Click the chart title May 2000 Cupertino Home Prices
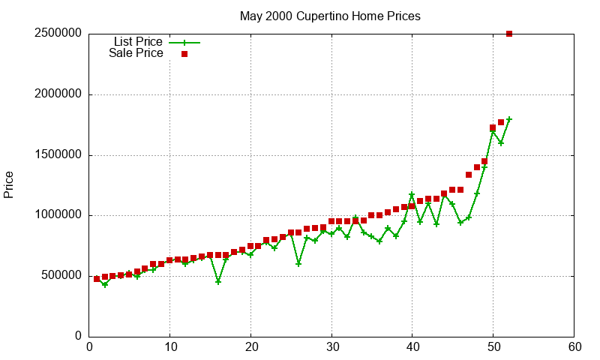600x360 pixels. tap(330, 16)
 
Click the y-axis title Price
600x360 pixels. tap(9, 184)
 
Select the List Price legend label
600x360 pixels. tap(138, 42)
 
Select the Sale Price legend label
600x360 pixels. tap(136, 53)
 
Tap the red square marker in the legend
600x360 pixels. tap(184, 54)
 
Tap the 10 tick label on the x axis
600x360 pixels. tap(170, 347)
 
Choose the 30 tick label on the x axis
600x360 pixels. tap(331, 347)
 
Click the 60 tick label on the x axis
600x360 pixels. tap(574, 347)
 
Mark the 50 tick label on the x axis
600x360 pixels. tap(493, 347)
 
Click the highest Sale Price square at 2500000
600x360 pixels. tap(509, 34)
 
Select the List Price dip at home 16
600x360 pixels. tap(218, 282)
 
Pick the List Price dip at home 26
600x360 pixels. tap(298, 264)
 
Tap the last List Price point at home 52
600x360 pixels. tap(509, 119)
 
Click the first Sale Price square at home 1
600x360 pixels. tap(97, 279)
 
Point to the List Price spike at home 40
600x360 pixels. tap(412, 195)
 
